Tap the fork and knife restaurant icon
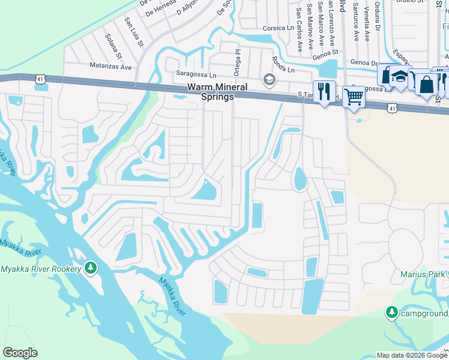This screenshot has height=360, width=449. coord(324,92)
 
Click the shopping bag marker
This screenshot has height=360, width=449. coord(427,84)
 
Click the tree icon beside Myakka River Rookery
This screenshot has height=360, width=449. coord(91,267)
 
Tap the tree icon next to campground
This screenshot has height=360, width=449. coord(391,312)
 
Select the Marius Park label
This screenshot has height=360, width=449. coord(421,275)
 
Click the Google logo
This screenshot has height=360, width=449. coord(20,353)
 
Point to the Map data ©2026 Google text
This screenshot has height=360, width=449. coord(412,355)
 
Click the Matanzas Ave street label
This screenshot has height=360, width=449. coord(110,66)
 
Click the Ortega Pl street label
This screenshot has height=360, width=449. coord(238,60)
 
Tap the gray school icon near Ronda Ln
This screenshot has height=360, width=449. coord(269,79)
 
